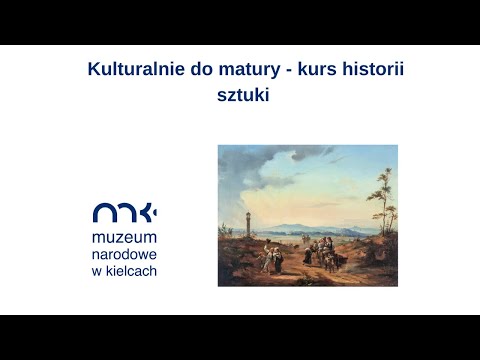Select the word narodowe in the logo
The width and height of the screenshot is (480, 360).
pyautogui.click(x=124, y=255)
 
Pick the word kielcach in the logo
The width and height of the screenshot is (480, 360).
pyautogui.click(x=132, y=271)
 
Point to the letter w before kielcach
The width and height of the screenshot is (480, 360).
pyautogui.click(x=97, y=271)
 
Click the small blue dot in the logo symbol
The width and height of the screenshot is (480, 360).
pyautogui.click(x=154, y=212)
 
